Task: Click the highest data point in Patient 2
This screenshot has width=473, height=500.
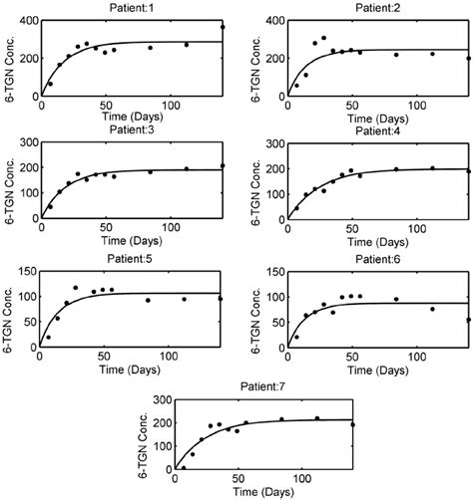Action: pyautogui.click(x=323, y=38)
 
